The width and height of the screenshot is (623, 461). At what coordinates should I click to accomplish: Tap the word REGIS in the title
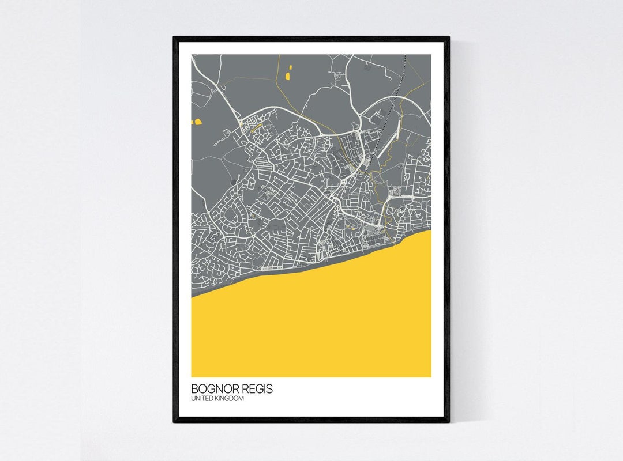tap(257, 389)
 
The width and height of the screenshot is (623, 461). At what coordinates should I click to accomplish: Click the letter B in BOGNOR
tap(195, 389)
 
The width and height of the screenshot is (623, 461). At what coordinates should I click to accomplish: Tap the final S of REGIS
tap(270, 389)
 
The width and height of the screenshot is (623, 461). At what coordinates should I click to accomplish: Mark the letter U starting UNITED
tap(193, 399)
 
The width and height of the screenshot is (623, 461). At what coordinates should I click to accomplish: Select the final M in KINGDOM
tap(241, 399)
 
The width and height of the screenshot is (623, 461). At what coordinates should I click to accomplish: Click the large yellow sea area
tap(323, 328)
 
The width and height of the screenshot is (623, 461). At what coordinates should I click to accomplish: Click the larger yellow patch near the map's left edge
tap(198, 122)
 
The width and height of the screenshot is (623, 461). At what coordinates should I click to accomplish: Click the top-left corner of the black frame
tap(174, 37)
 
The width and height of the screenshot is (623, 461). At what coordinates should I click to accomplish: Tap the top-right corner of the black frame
tap(448, 37)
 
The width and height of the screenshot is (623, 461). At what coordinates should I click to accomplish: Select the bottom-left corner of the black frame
tap(174, 421)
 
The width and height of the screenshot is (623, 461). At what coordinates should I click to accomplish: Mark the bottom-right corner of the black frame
tap(448, 421)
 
